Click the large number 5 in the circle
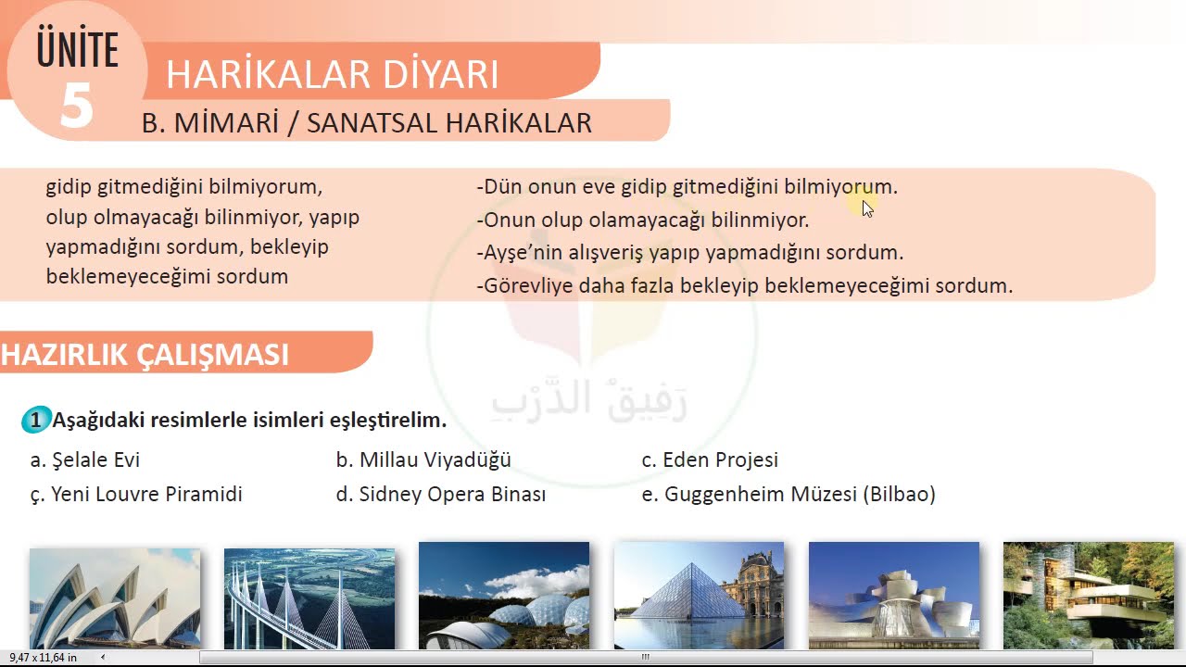click(76, 105)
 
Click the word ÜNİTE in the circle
click(78, 51)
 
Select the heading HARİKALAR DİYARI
click(332, 74)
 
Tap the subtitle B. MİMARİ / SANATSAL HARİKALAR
click(366, 123)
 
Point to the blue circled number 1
click(35, 421)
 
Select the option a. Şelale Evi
click(85, 459)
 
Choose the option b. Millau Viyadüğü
click(423, 459)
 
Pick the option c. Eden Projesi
click(710, 459)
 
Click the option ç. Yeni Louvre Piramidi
click(136, 495)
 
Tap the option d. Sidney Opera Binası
click(441, 495)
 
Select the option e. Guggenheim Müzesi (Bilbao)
click(789, 495)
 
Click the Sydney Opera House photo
click(115, 598)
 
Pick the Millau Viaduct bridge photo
click(309, 598)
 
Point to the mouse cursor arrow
click(867, 208)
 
